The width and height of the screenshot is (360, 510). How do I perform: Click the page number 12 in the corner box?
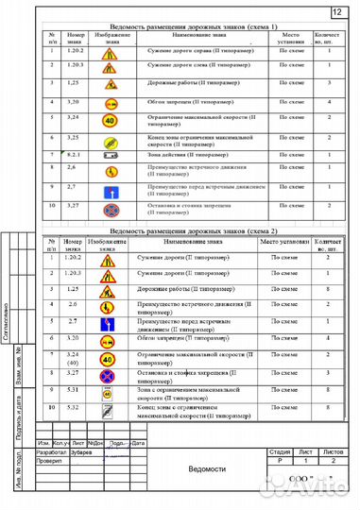[337, 11]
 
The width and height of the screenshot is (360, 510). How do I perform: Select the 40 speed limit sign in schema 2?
[106, 358]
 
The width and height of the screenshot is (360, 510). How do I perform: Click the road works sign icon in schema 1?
[111, 83]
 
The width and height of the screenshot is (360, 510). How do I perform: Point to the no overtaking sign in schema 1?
[111, 101]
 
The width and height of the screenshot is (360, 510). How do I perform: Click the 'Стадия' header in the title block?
[280, 452]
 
